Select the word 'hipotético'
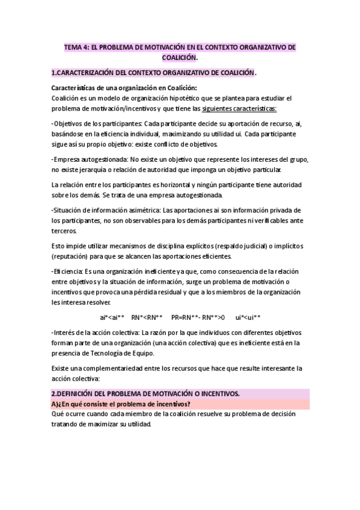point(186,98)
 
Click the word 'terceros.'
point(65,230)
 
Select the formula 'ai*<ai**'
point(112,316)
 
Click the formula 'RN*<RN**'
point(147,316)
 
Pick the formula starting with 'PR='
point(198,316)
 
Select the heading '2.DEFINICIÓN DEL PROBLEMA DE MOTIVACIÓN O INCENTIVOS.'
point(146,393)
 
